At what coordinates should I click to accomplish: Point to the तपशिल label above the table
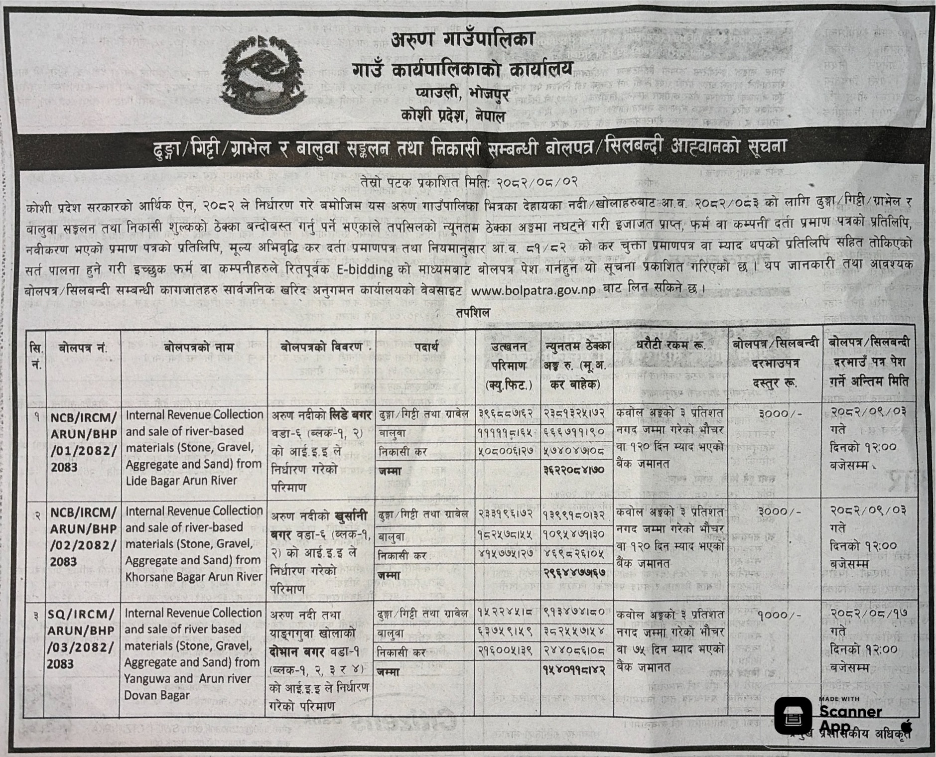[x=472, y=313]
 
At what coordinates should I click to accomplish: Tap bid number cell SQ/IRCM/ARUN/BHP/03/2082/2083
[x=82, y=638]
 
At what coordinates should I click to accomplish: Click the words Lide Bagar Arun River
[x=181, y=481]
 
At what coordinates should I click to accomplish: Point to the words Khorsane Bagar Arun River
[x=194, y=576]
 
